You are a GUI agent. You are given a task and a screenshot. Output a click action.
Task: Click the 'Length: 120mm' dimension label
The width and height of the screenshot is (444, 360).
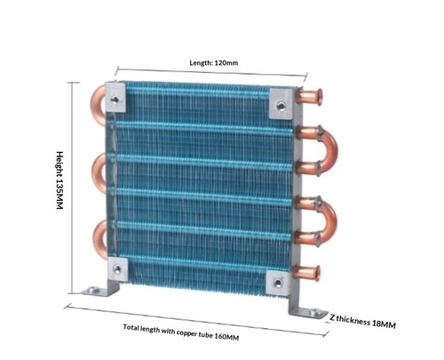click(x=213, y=63)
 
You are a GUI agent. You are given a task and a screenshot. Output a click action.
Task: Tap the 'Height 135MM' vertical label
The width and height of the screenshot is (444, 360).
click(x=59, y=180)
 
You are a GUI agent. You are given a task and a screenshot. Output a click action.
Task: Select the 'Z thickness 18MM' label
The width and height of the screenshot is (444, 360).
click(x=362, y=321)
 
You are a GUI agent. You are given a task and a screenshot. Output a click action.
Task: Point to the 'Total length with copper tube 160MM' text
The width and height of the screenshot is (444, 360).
click(x=181, y=332)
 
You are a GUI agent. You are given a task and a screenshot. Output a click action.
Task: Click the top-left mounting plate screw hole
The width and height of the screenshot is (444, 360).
click(x=115, y=99)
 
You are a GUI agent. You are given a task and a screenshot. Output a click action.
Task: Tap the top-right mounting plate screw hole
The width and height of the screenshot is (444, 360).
click(x=280, y=106)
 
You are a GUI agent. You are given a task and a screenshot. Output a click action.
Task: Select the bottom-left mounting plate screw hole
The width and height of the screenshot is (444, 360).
click(x=117, y=269)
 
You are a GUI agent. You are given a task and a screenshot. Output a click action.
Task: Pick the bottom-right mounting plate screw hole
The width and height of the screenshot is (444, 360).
click(x=278, y=283)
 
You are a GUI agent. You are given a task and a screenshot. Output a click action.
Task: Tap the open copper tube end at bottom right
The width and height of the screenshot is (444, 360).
click(x=317, y=273)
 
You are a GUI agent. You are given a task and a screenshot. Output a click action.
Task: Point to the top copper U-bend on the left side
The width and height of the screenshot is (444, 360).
click(x=95, y=104)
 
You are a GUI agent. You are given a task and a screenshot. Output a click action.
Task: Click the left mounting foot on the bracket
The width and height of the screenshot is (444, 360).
click(x=95, y=291)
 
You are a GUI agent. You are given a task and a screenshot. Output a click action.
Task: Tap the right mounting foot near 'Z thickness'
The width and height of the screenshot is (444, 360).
click(x=313, y=312)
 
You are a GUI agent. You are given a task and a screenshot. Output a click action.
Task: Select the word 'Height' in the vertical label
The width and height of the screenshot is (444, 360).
click(x=59, y=164)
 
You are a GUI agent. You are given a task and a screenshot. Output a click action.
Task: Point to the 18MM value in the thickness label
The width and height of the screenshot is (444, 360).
click(x=384, y=324)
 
